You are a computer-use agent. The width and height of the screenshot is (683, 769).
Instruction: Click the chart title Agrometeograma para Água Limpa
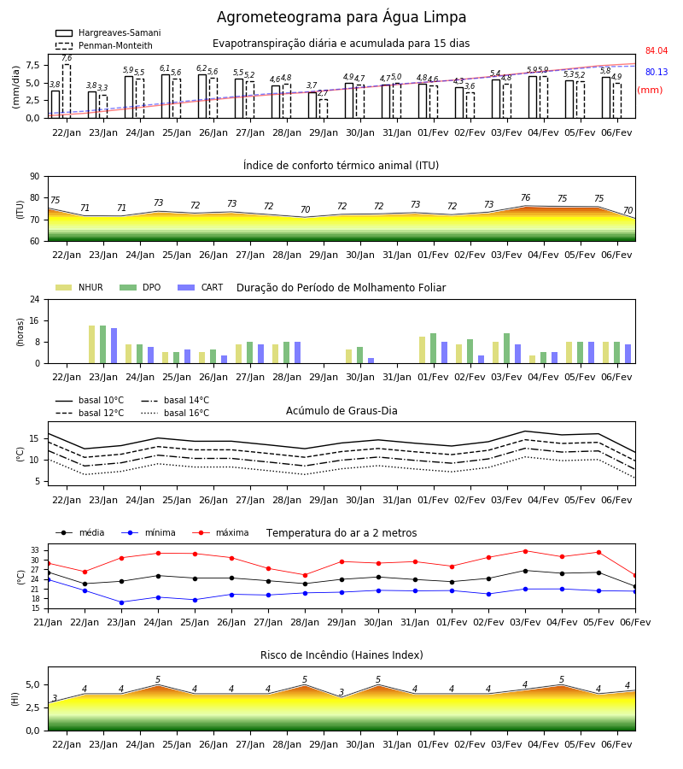click(x=341, y=17)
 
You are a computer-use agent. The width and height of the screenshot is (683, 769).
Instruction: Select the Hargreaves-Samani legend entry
click(x=108, y=32)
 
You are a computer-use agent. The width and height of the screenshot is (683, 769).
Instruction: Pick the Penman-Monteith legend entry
click(x=104, y=45)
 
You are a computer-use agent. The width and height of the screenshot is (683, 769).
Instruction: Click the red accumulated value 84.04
click(x=657, y=50)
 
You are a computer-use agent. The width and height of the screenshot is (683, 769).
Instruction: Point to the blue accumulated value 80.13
click(x=657, y=72)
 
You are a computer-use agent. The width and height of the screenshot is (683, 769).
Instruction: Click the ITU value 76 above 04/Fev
click(x=526, y=197)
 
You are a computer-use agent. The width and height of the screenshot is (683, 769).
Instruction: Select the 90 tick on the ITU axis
click(x=35, y=177)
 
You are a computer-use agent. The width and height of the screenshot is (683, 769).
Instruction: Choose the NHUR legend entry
click(x=79, y=287)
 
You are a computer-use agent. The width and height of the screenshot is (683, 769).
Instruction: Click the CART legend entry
click(x=201, y=287)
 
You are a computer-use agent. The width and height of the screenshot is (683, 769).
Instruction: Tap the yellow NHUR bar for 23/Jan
click(x=91, y=344)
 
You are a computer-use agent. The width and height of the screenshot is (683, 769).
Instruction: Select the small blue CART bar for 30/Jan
click(x=371, y=361)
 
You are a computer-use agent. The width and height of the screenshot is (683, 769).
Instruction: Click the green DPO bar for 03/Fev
click(x=506, y=349)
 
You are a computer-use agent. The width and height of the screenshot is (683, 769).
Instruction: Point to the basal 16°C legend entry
click(x=175, y=413)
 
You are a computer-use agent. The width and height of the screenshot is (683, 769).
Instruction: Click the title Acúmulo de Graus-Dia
click(x=341, y=411)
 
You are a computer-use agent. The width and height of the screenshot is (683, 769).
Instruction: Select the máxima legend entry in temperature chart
click(x=221, y=532)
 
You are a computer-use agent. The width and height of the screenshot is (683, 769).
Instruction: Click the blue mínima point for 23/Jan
click(x=121, y=602)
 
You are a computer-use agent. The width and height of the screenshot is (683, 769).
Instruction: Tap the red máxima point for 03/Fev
click(x=526, y=551)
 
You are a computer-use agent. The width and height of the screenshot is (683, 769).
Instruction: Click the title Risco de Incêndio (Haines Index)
click(x=341, y=655)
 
